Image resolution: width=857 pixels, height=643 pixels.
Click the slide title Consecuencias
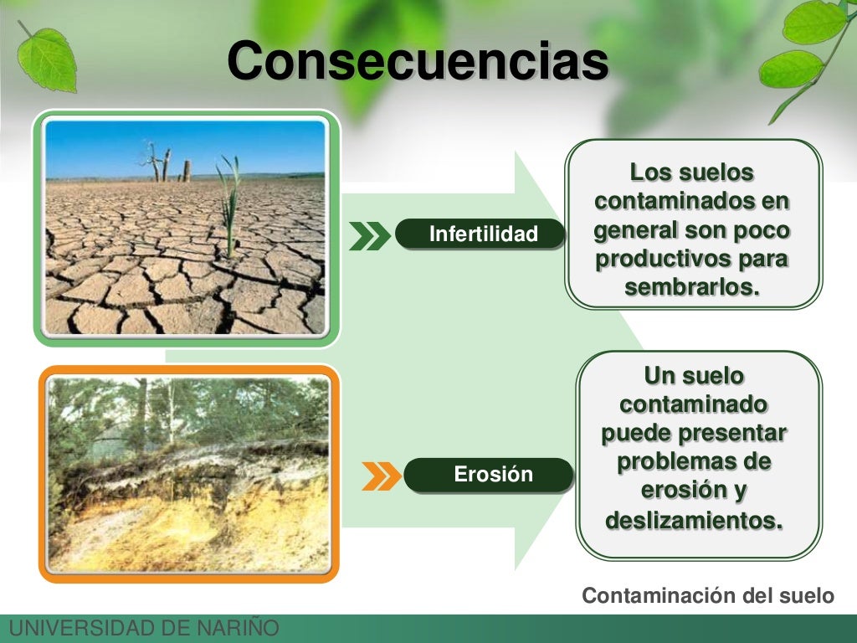tap(417, 61)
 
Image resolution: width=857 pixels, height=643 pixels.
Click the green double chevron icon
tap(369, 236)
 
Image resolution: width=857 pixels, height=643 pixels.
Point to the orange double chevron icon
tap(382, 476)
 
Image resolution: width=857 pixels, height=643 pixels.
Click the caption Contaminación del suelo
tap(708, 595)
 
